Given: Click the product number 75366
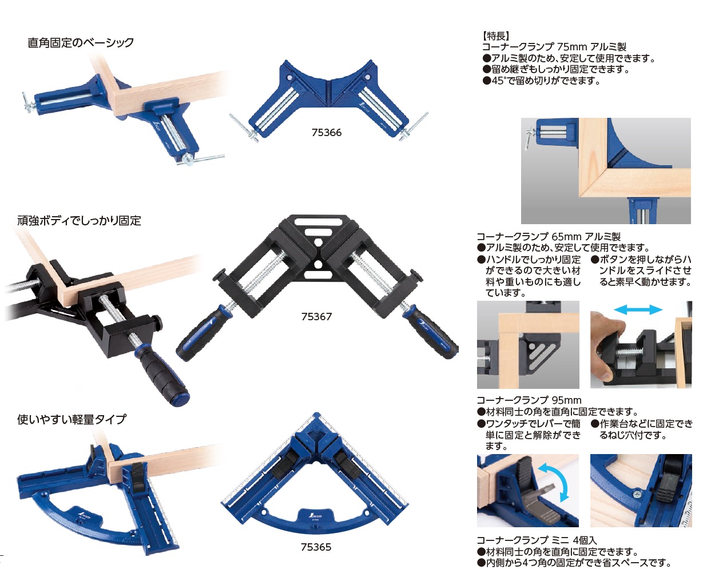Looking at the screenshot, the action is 327,133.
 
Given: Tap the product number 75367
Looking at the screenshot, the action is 316,317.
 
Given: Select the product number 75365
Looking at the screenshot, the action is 316,547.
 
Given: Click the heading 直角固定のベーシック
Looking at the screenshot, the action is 81,43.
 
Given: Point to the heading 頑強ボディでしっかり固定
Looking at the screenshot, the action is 80,220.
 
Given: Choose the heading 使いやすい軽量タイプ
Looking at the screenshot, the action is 72,420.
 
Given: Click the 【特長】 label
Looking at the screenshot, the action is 496,35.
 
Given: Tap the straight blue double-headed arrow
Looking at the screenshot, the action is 638,309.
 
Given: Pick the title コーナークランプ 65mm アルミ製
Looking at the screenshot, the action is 549,237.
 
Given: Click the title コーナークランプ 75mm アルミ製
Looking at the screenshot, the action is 554,47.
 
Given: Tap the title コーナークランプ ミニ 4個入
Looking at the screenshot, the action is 537,540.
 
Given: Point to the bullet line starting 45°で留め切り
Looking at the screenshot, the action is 541,81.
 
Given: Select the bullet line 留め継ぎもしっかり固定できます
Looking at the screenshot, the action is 556,69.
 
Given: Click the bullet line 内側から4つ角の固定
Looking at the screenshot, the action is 574,562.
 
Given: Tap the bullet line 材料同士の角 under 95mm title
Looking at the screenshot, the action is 557,412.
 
